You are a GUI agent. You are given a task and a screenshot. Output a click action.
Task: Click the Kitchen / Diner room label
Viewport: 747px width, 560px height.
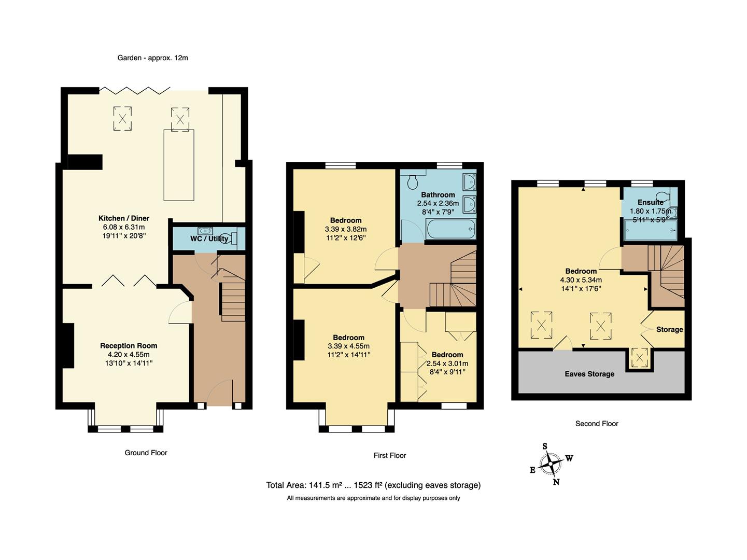coord(124,218)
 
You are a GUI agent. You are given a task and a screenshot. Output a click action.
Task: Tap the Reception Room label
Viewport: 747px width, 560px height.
coord(129,346)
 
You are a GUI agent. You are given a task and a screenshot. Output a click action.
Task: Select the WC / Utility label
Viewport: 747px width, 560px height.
coord(209,239)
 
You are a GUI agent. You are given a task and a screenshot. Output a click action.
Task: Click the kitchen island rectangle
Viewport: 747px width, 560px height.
coord(179,165)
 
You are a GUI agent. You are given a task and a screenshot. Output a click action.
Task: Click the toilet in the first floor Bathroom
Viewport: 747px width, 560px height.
coord(413,182)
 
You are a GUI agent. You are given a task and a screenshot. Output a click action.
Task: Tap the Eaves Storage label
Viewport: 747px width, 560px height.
coord(589,374)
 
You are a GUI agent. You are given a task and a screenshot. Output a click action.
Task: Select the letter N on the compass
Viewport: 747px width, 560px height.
coord(556,482)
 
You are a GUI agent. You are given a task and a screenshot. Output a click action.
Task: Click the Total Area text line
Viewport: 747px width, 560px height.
coord(373,485)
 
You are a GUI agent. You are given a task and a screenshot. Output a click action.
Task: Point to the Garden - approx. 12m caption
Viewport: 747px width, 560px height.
coord(152,58)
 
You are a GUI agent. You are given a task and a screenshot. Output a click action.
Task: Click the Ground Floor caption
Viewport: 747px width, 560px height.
coord(146,453)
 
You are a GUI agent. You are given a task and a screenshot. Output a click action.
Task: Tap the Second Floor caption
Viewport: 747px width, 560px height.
coord(597,424)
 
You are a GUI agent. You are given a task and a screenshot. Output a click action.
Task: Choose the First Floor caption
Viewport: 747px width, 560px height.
coord(390,455)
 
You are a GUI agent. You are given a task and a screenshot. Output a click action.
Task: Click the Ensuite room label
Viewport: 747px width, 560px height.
coord(650,202)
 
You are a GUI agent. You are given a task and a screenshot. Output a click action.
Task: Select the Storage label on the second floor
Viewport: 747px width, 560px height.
coord(669,329)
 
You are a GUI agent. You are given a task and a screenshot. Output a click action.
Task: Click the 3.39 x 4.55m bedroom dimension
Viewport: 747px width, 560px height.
coord(348,346)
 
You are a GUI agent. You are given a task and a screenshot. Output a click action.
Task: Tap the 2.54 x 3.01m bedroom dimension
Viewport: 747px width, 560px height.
coord(447,363)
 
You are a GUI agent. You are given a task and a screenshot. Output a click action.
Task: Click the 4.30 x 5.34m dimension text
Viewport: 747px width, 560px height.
coord(581,280)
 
